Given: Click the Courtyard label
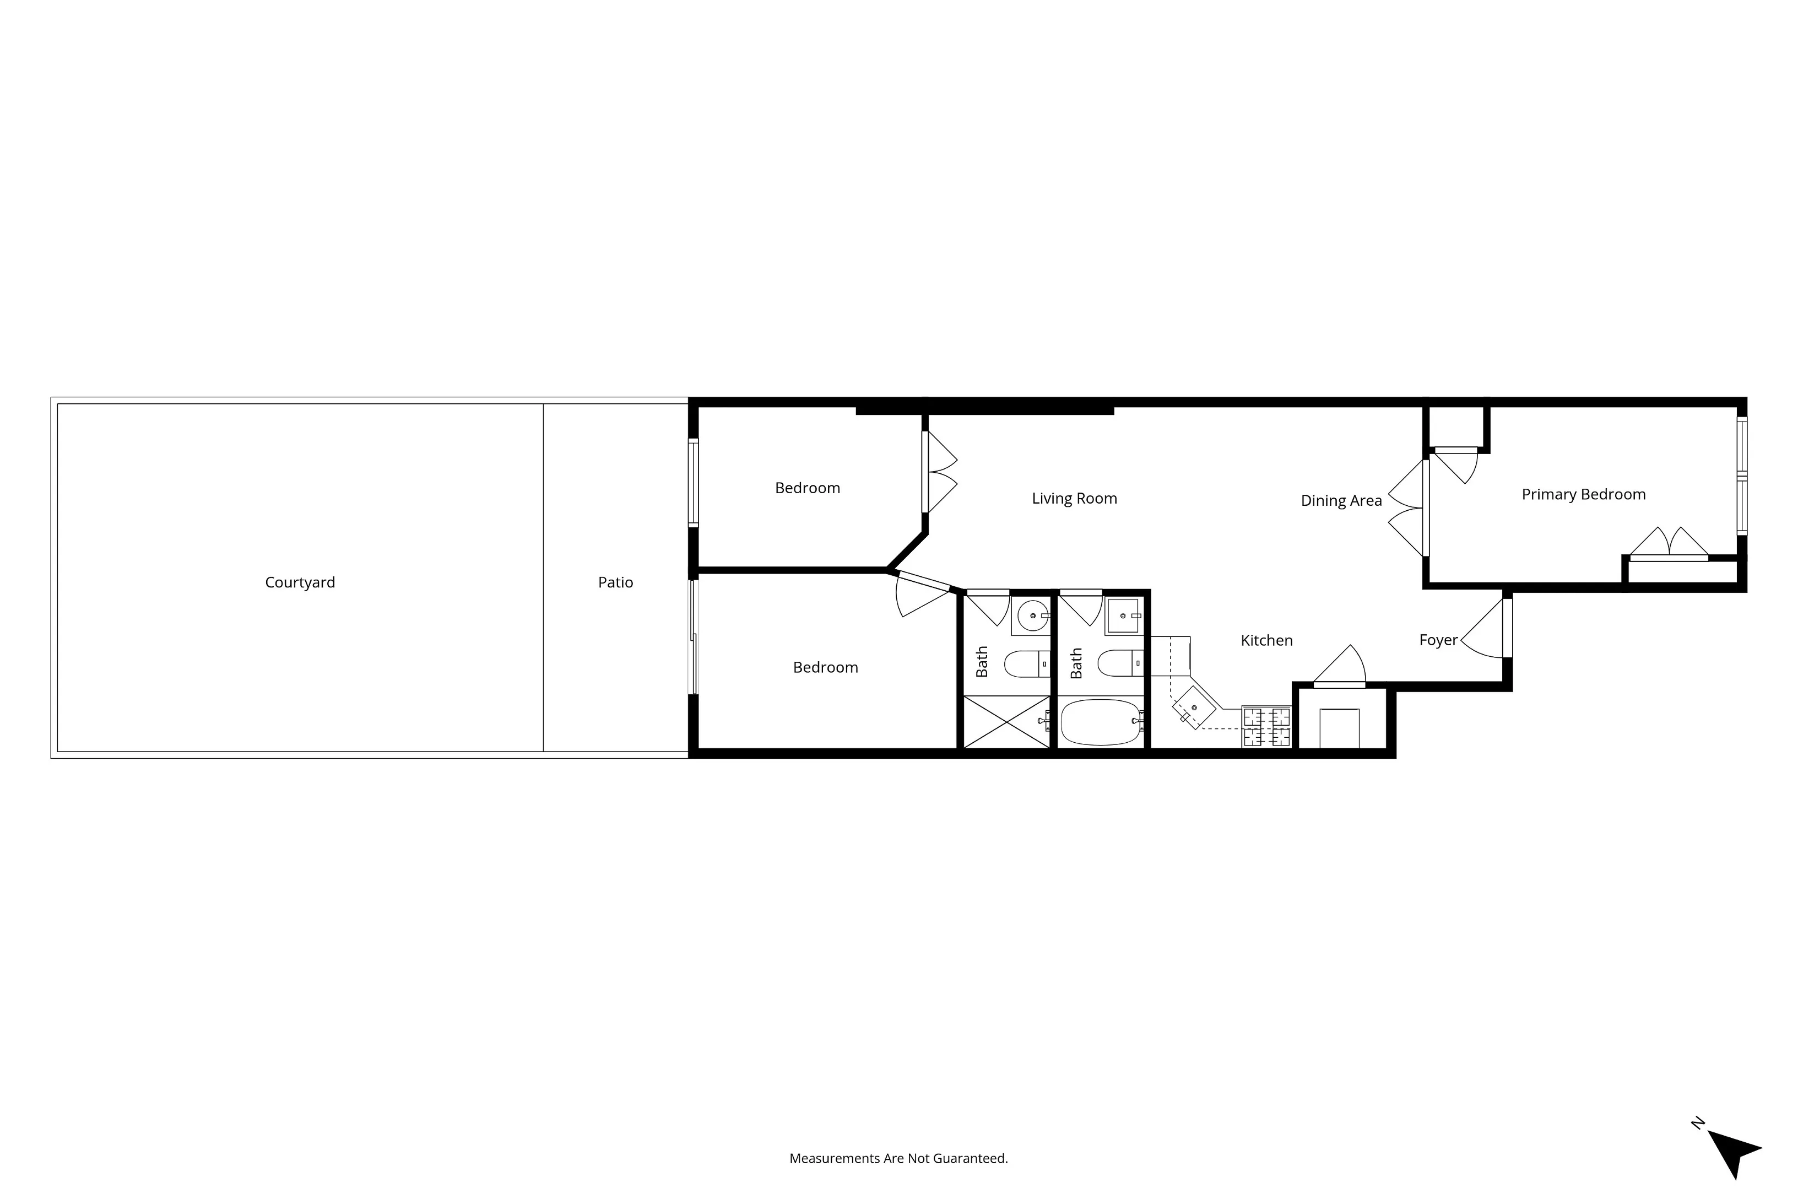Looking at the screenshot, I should pyautogui.click(x=300, y=582).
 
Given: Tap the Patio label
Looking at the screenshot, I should pyautogui.click(x=615, y=582).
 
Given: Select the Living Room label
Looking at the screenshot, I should pyautogui.click(x=1074, y=499).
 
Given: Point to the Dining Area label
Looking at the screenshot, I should pyautogui.click(x=1341, y=501).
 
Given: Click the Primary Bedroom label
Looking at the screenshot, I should pyautogui.click(x=1583, y=495).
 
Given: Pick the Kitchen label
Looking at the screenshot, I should pyautogui.click(x=1266, y=641).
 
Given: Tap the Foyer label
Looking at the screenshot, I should pyautogui.click(x=1438, y=640).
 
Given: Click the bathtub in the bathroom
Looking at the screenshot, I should pyautogui.click(x=1100, y=722).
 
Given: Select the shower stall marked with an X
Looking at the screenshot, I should pyautogui.click(x=1005, y=721).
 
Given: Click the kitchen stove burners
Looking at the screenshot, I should pyautogui.click(x=1266, y=726).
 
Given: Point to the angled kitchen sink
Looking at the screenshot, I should pyautogui.click(x=1193, y=708).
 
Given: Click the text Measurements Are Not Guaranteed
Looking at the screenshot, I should pyautogui.click(x=898, y=1158).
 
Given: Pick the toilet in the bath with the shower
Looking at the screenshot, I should pyautogui.click(x=1025, y=665).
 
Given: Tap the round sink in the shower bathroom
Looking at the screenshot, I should pyautogui.click(x=1033, y=615).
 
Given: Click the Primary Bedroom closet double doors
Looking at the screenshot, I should pyautogui.click(x=1669, y=544).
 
